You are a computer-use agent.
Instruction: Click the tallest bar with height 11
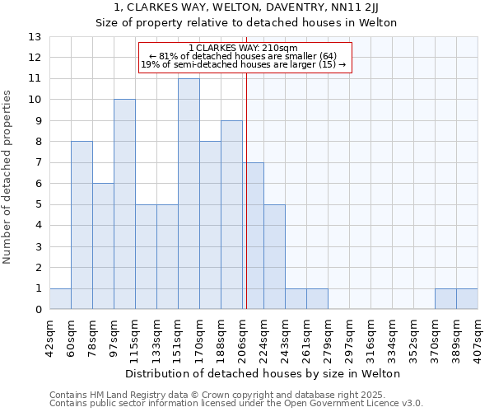click(x=189, y=194)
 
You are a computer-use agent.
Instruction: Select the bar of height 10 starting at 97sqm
click(x=124, y=204)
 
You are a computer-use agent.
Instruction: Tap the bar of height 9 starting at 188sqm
click(x=231, y=215)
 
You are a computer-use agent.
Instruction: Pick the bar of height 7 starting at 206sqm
click(x=253, y=236)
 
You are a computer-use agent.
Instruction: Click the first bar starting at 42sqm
click(x=60, y=299)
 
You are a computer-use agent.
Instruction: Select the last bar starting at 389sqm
click(x=467, y=299)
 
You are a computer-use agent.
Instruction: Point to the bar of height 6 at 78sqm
click(x=103, y=246)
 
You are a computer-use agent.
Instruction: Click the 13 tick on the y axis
click(x=35, y=37)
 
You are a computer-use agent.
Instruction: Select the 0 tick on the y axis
click(x=38, y=310)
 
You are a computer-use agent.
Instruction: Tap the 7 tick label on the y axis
click(x=38, y=163)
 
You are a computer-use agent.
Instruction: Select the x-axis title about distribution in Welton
click(x=263, y=373)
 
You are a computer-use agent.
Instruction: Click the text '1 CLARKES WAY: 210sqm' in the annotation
click(x=245, y=48)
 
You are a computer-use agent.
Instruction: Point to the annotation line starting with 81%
click(x=245, y=56)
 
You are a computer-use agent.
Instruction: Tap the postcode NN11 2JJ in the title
click(x=358, y=7)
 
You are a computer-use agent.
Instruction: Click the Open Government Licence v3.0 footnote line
click(x=236, y=404)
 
